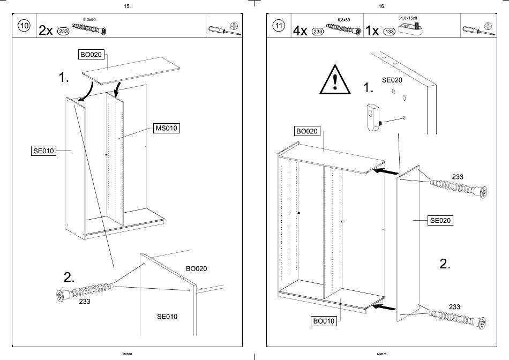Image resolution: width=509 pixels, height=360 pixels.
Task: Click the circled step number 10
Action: (24, 25)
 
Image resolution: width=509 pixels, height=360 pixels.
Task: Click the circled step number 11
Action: (279, 25)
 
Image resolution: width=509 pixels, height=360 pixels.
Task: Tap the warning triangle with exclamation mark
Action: (335, 80)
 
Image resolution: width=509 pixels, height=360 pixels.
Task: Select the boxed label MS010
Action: (166, 128)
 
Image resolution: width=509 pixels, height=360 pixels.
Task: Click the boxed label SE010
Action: (43, 151)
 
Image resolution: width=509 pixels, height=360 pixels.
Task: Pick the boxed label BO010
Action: (323, 321)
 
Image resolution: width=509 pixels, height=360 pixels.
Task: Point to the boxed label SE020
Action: (440, 220)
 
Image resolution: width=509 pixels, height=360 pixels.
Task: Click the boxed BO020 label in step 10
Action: (91, 55)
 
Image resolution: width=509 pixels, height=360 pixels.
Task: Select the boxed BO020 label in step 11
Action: (307, 131)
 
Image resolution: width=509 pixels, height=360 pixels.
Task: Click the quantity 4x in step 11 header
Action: (300, 31)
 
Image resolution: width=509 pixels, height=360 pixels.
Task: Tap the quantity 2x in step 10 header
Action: (46, 31)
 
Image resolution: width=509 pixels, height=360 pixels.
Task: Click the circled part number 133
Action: (389, 32)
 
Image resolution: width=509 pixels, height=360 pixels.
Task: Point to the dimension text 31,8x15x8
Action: (408, 18)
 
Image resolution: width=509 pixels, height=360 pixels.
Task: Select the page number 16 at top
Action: (381, 6)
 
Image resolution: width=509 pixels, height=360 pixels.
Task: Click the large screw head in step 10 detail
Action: (61, 296)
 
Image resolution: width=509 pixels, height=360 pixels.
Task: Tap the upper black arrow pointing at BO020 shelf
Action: (385, 171)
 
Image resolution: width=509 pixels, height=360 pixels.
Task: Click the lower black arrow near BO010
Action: (384, 307)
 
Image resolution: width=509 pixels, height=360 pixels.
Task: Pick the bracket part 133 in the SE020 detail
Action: (374, 117)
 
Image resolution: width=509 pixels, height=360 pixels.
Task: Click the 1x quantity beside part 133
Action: (372, 31)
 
